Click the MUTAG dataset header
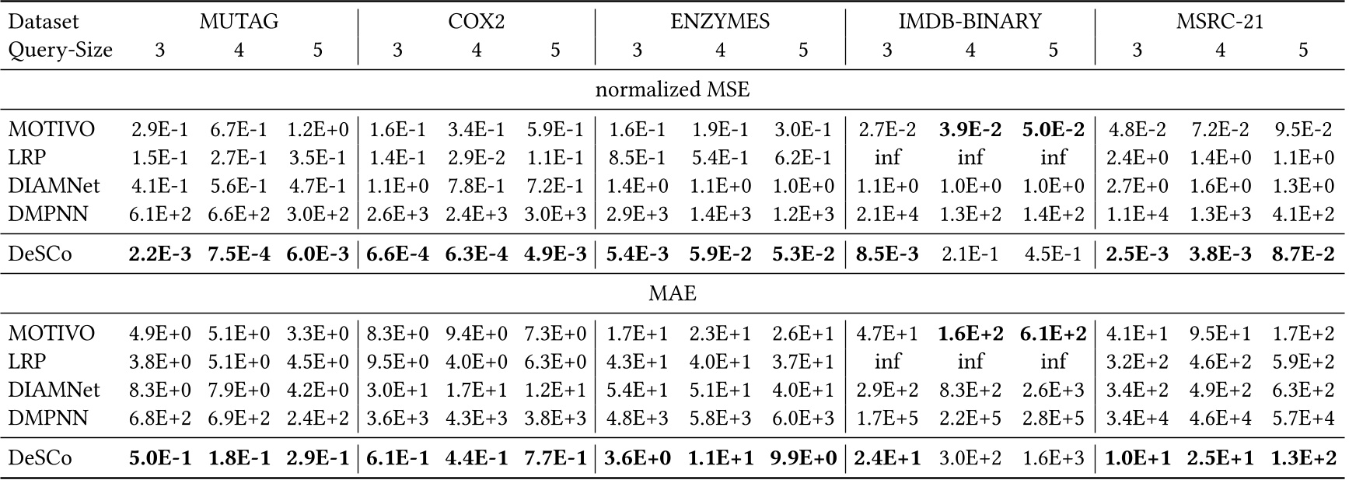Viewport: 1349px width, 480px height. coord(238,21)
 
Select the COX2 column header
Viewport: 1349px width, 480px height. coord(476,21)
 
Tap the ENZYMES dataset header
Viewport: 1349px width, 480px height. coord(720,21)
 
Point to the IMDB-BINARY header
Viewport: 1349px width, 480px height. coord(970,21)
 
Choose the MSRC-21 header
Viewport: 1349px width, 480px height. coord(1219,21)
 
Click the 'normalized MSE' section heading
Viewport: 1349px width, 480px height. coord(673,89)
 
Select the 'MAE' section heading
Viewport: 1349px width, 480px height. coord(673,293)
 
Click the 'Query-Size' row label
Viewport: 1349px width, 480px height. coord(61,50)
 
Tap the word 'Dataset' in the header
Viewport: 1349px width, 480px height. coord(44,21)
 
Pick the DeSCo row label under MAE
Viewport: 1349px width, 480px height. coord(40,457)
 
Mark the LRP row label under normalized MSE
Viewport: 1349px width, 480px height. coord(27,156)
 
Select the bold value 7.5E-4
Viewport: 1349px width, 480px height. coord(239,254)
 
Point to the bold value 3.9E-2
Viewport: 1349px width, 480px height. coord(970,128)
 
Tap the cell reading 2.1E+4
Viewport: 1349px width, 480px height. coord(886,213)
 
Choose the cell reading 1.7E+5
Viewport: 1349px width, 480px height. coord(886,418)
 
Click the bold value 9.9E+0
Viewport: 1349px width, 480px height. coord(803,457)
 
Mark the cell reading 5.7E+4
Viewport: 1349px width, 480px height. coord(1303,418)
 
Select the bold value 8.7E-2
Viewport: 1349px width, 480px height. coord(1303,254)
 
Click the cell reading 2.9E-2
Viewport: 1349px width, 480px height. coord(476,156)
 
